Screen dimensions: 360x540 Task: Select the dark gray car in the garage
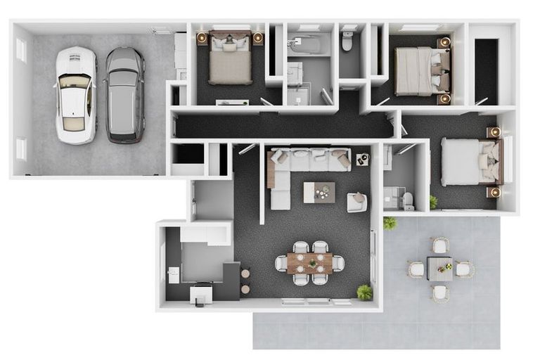coord(125,94)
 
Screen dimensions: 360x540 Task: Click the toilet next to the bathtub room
coord(347,41)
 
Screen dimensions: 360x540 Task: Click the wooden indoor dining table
coord(310,263)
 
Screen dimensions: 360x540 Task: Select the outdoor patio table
coord(440,269)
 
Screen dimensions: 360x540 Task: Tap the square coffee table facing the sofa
coord(319,192)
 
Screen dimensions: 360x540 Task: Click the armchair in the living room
coord(357,202)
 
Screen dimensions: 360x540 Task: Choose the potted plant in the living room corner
coord(364,292)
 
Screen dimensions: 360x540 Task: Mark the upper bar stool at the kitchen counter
coord(245,273)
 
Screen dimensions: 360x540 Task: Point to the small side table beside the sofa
coord(362,160)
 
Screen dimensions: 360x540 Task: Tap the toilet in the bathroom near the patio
coord(408,200)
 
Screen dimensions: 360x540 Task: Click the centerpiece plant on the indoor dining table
coord(311,264)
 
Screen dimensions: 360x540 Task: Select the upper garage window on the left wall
coord(20,50)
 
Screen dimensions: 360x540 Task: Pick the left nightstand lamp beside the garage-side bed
coord(202,38)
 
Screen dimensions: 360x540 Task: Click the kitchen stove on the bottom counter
coord(201,292)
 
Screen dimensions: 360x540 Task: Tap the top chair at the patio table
coord(440,245)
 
